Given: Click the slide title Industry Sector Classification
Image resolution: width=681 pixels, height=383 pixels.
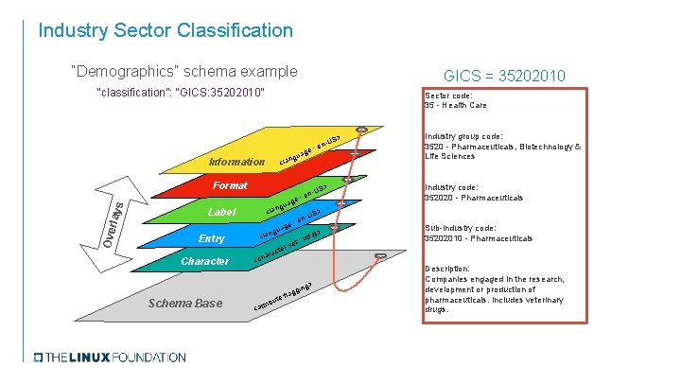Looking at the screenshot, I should (x=166, y=30).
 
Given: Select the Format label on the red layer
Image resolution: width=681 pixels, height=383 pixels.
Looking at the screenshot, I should (x=230, y=186).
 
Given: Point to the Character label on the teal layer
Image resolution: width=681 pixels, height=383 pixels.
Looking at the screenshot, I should (x=204, y=261).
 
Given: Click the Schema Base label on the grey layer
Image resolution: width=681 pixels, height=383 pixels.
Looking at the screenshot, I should (x=186, y=303).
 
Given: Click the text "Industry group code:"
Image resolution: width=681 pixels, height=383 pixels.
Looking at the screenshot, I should (x=463, y=136).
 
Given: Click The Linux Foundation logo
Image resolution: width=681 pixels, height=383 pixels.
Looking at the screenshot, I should (x=110, y=357).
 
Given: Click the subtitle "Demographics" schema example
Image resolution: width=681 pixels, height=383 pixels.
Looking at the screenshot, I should (x=183, y=71).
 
